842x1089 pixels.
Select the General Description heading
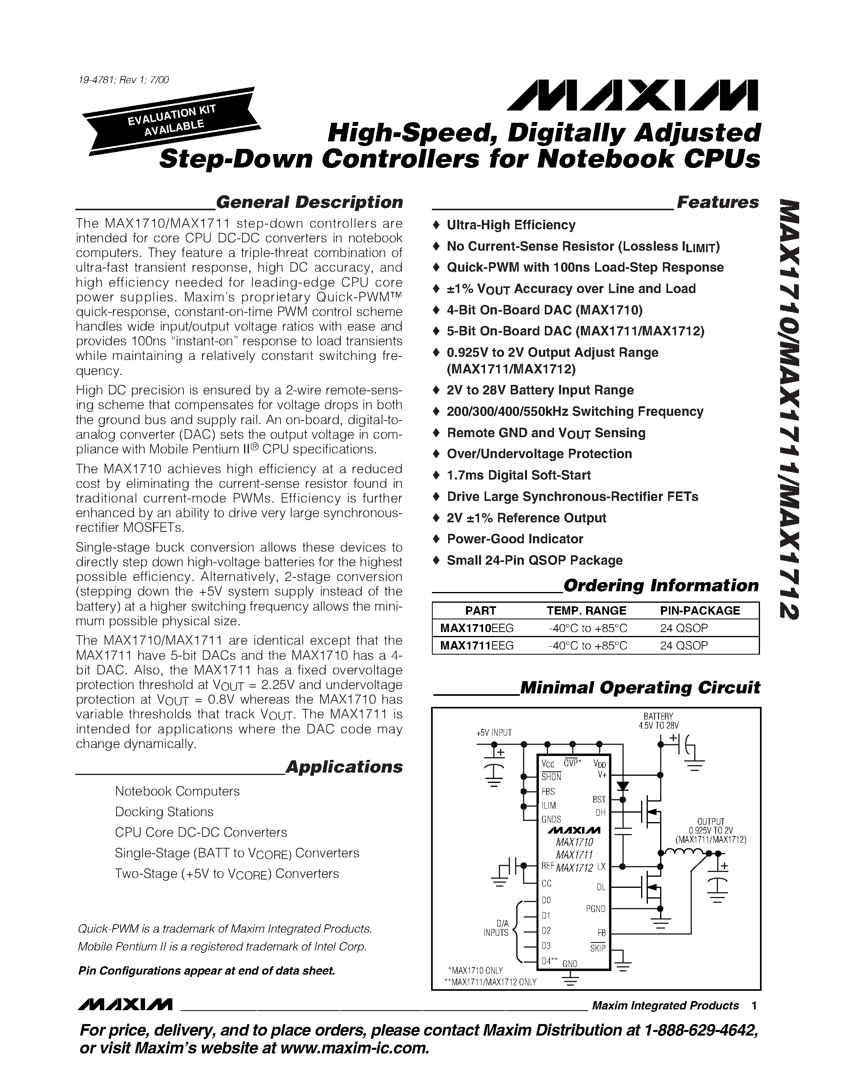click(x=309, y=202)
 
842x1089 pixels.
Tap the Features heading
click(x=717, y=202)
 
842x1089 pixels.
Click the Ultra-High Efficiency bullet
click(x=511, y=225)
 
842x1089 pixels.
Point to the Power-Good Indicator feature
click(x=515, y=539)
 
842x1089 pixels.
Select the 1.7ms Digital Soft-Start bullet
click(x=519, y=475)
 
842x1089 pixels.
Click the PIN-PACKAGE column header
click(x=700, y=611)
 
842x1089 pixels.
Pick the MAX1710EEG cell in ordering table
click(x=476, y=628)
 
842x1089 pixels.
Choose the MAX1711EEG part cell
click(x=476, y=646)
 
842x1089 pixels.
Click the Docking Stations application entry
click(x=164, y=812)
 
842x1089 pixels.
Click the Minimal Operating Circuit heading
click(x=640, y=687)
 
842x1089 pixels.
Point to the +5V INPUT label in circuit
click(x=494, y=733)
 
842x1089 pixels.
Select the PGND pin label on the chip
click(x=596, y=908)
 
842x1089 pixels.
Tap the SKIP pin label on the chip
click(x=598, y=948)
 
